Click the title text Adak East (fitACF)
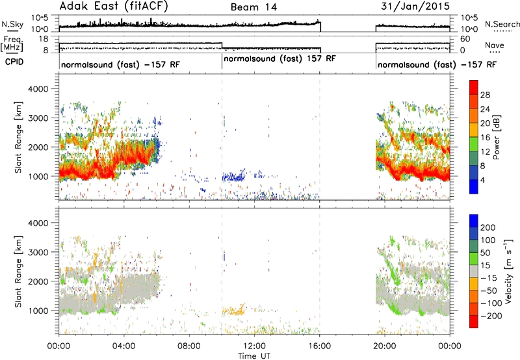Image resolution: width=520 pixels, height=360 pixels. [x=114, y=6]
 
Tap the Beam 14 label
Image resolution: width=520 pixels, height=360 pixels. [x=253, y=7]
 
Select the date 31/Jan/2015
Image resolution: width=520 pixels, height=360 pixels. [x=415, y=6]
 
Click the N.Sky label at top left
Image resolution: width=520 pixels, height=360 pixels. [x=12, y=24]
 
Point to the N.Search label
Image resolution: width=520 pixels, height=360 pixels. [x=502, y=24]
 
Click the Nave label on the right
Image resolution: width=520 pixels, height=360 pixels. [x=495, y=45]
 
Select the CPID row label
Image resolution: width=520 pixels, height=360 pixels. [x=14, y=62]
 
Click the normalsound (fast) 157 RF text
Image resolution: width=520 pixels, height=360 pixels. [x=280, y=58]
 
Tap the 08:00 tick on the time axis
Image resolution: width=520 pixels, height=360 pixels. [x=189, y=346]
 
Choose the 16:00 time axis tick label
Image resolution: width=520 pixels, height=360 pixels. [x=320, y=346]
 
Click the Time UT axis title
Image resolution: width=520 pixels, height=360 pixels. [x=254, y=355]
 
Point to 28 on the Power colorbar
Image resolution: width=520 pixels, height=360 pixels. [x=485, y=95]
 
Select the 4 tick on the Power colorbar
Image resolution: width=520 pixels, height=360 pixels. [x=482, y=181]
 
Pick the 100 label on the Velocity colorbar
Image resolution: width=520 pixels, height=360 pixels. [x=488, y=240]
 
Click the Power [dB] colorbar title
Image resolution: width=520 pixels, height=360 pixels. [x=496, y=137]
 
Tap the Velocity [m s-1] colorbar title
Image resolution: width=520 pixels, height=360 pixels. [x=508, y=271]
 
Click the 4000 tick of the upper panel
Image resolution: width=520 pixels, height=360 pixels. [x=38, y=89]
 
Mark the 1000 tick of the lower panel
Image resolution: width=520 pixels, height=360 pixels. [x=38, y=311]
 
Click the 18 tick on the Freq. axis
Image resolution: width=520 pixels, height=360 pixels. [x=44, y=39]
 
